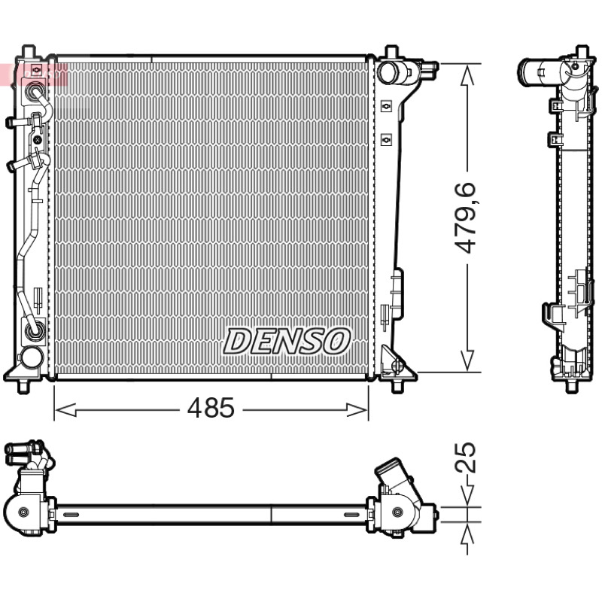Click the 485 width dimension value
(211, 408)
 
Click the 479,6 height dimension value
(465, 217)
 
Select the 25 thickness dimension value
(465, 458)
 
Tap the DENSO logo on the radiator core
(287, 341)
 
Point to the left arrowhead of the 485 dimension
(65, 409)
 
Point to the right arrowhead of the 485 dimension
(357, 409)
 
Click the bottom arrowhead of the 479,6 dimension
(467, 360)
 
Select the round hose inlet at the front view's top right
(388, 73)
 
